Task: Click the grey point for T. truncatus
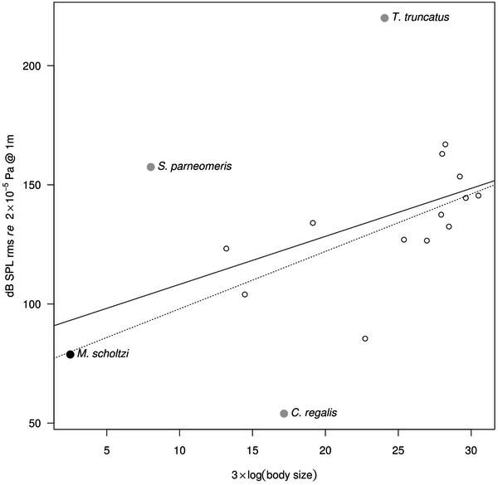point(384,17)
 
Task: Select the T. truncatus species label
point(421,17)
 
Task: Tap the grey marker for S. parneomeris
point(150,167)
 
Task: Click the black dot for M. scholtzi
point(71,354)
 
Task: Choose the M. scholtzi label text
point(103,354)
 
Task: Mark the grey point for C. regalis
point(284,413)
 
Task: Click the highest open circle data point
point(445,144)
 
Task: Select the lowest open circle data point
point(365,338)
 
